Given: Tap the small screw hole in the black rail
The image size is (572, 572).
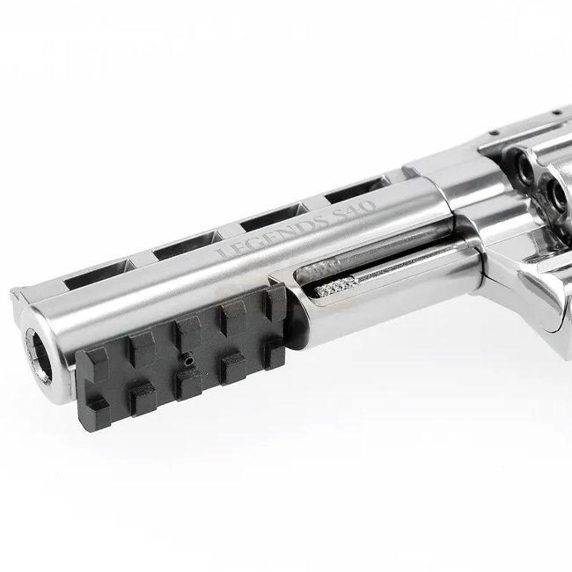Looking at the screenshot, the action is pos(188,361).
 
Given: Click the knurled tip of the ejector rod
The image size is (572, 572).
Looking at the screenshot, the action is pos(336,288).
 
